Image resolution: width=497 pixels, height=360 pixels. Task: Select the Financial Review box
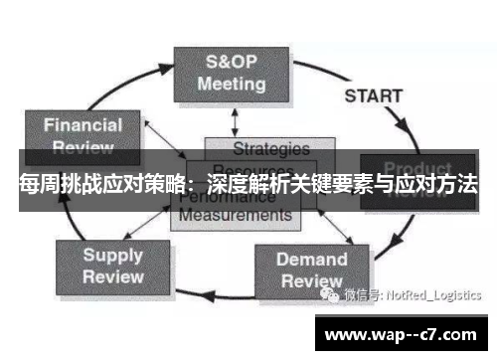(x=83, y=134)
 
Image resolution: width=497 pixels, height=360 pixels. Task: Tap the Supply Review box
(x=112, y=266)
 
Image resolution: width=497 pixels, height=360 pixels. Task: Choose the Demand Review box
(x=311, y=270)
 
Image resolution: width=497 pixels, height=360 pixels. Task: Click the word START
(x=373, y=96)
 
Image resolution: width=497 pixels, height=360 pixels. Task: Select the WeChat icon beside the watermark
(x=328, y=294)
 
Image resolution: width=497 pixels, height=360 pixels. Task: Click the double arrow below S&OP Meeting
(x=234, y=122)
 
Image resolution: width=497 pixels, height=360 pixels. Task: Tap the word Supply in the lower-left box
(x=112, y=255)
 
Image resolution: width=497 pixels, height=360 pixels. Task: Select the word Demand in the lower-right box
(x=311, y=260)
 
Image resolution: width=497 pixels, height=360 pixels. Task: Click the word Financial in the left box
(x=83, y=124)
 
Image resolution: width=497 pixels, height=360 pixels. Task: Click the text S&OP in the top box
(x=231, y=62)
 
